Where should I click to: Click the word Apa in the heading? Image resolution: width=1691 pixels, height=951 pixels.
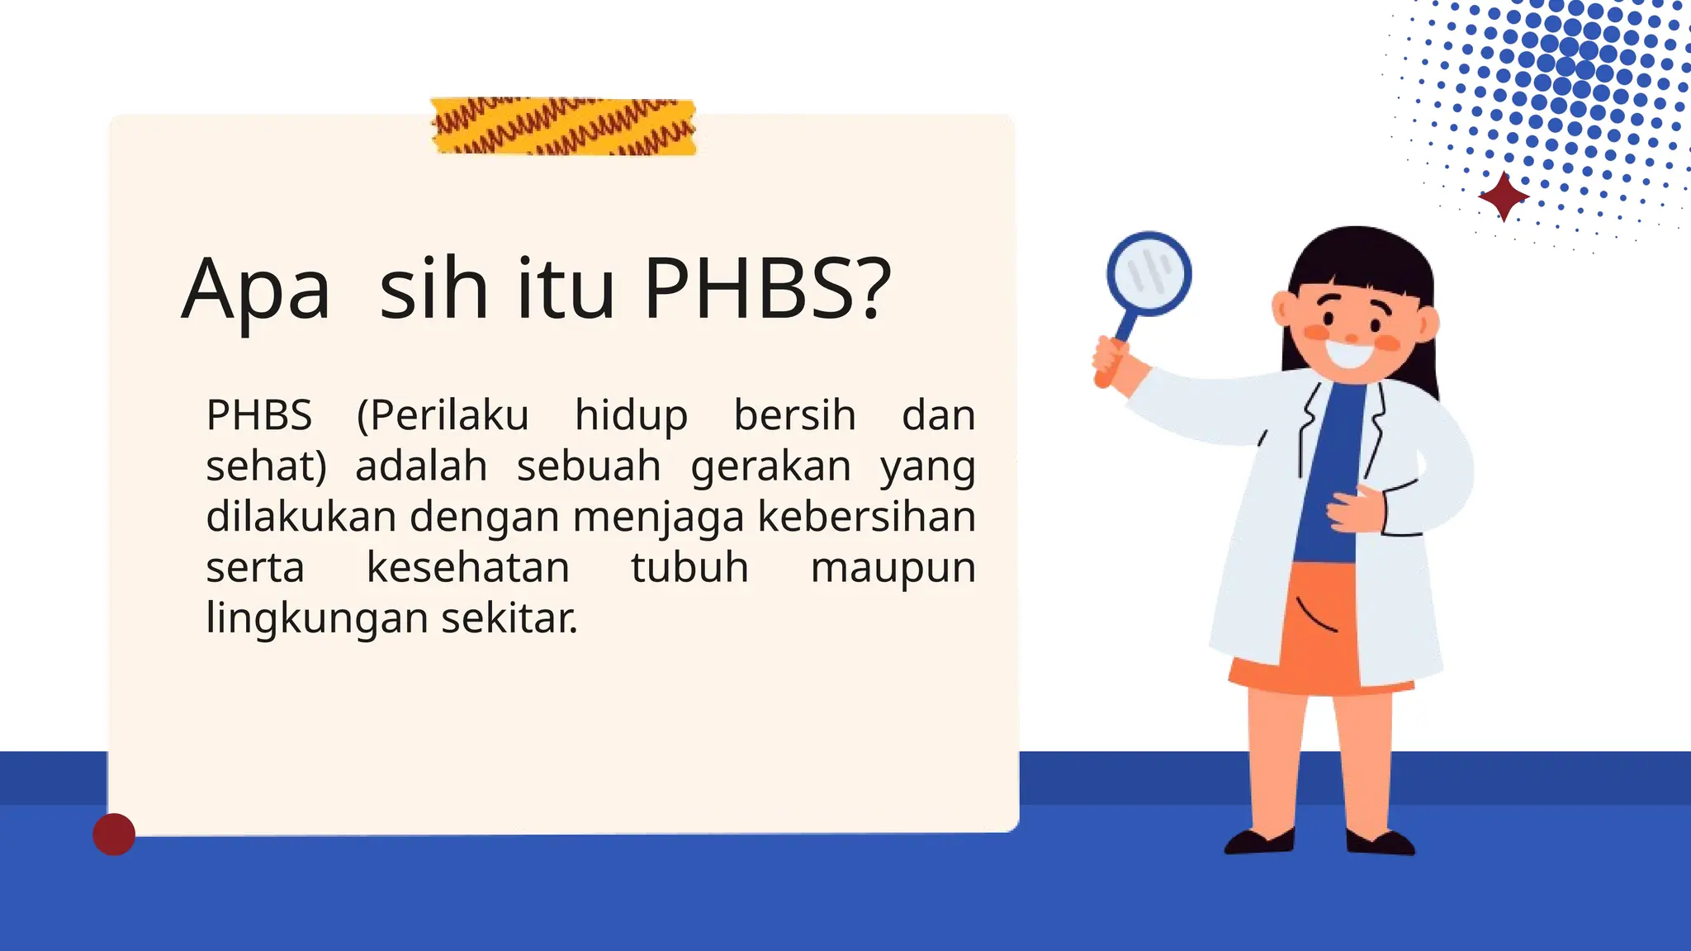[256, 291]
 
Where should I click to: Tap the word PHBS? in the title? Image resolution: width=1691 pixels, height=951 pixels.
[767, 289]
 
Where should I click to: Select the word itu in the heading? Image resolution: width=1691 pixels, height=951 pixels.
[566, 289]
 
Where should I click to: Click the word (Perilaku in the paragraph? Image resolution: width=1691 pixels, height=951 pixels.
[443, 415]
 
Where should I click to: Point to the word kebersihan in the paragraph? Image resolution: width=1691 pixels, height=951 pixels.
[866, 518]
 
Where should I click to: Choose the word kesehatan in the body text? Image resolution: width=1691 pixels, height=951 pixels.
[468, 568]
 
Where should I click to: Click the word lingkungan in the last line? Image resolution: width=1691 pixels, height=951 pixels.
[316, 619]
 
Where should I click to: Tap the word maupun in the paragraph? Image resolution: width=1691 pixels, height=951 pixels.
[893, 568]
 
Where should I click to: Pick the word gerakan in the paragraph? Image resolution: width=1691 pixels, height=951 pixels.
[770, 467]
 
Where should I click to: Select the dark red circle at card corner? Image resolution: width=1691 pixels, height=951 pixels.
[114, 834]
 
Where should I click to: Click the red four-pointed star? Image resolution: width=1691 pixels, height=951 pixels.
[1504, 196]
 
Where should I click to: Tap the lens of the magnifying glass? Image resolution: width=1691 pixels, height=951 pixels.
[1149, 273]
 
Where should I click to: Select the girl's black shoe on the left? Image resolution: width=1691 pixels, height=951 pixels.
[1258, 842]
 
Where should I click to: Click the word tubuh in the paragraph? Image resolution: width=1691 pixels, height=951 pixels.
[689, 568]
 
